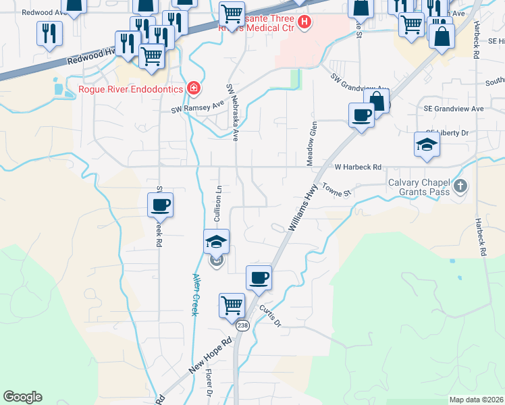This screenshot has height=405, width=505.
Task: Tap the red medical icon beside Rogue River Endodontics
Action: click(194, 88)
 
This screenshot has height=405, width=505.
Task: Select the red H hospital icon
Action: click(304, 22)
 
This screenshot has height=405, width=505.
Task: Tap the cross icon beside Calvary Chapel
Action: click(460, 186)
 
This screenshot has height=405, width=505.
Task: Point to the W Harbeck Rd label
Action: click(358, 167)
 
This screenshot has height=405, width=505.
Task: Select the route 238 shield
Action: click(243, 325)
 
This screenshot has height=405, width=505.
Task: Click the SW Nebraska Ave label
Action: click(233, 112)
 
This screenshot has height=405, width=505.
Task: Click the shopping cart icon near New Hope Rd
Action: click(232, 305)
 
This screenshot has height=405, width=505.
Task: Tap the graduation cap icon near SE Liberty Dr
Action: click(427, 144)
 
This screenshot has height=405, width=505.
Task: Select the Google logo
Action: click(22, 397)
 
